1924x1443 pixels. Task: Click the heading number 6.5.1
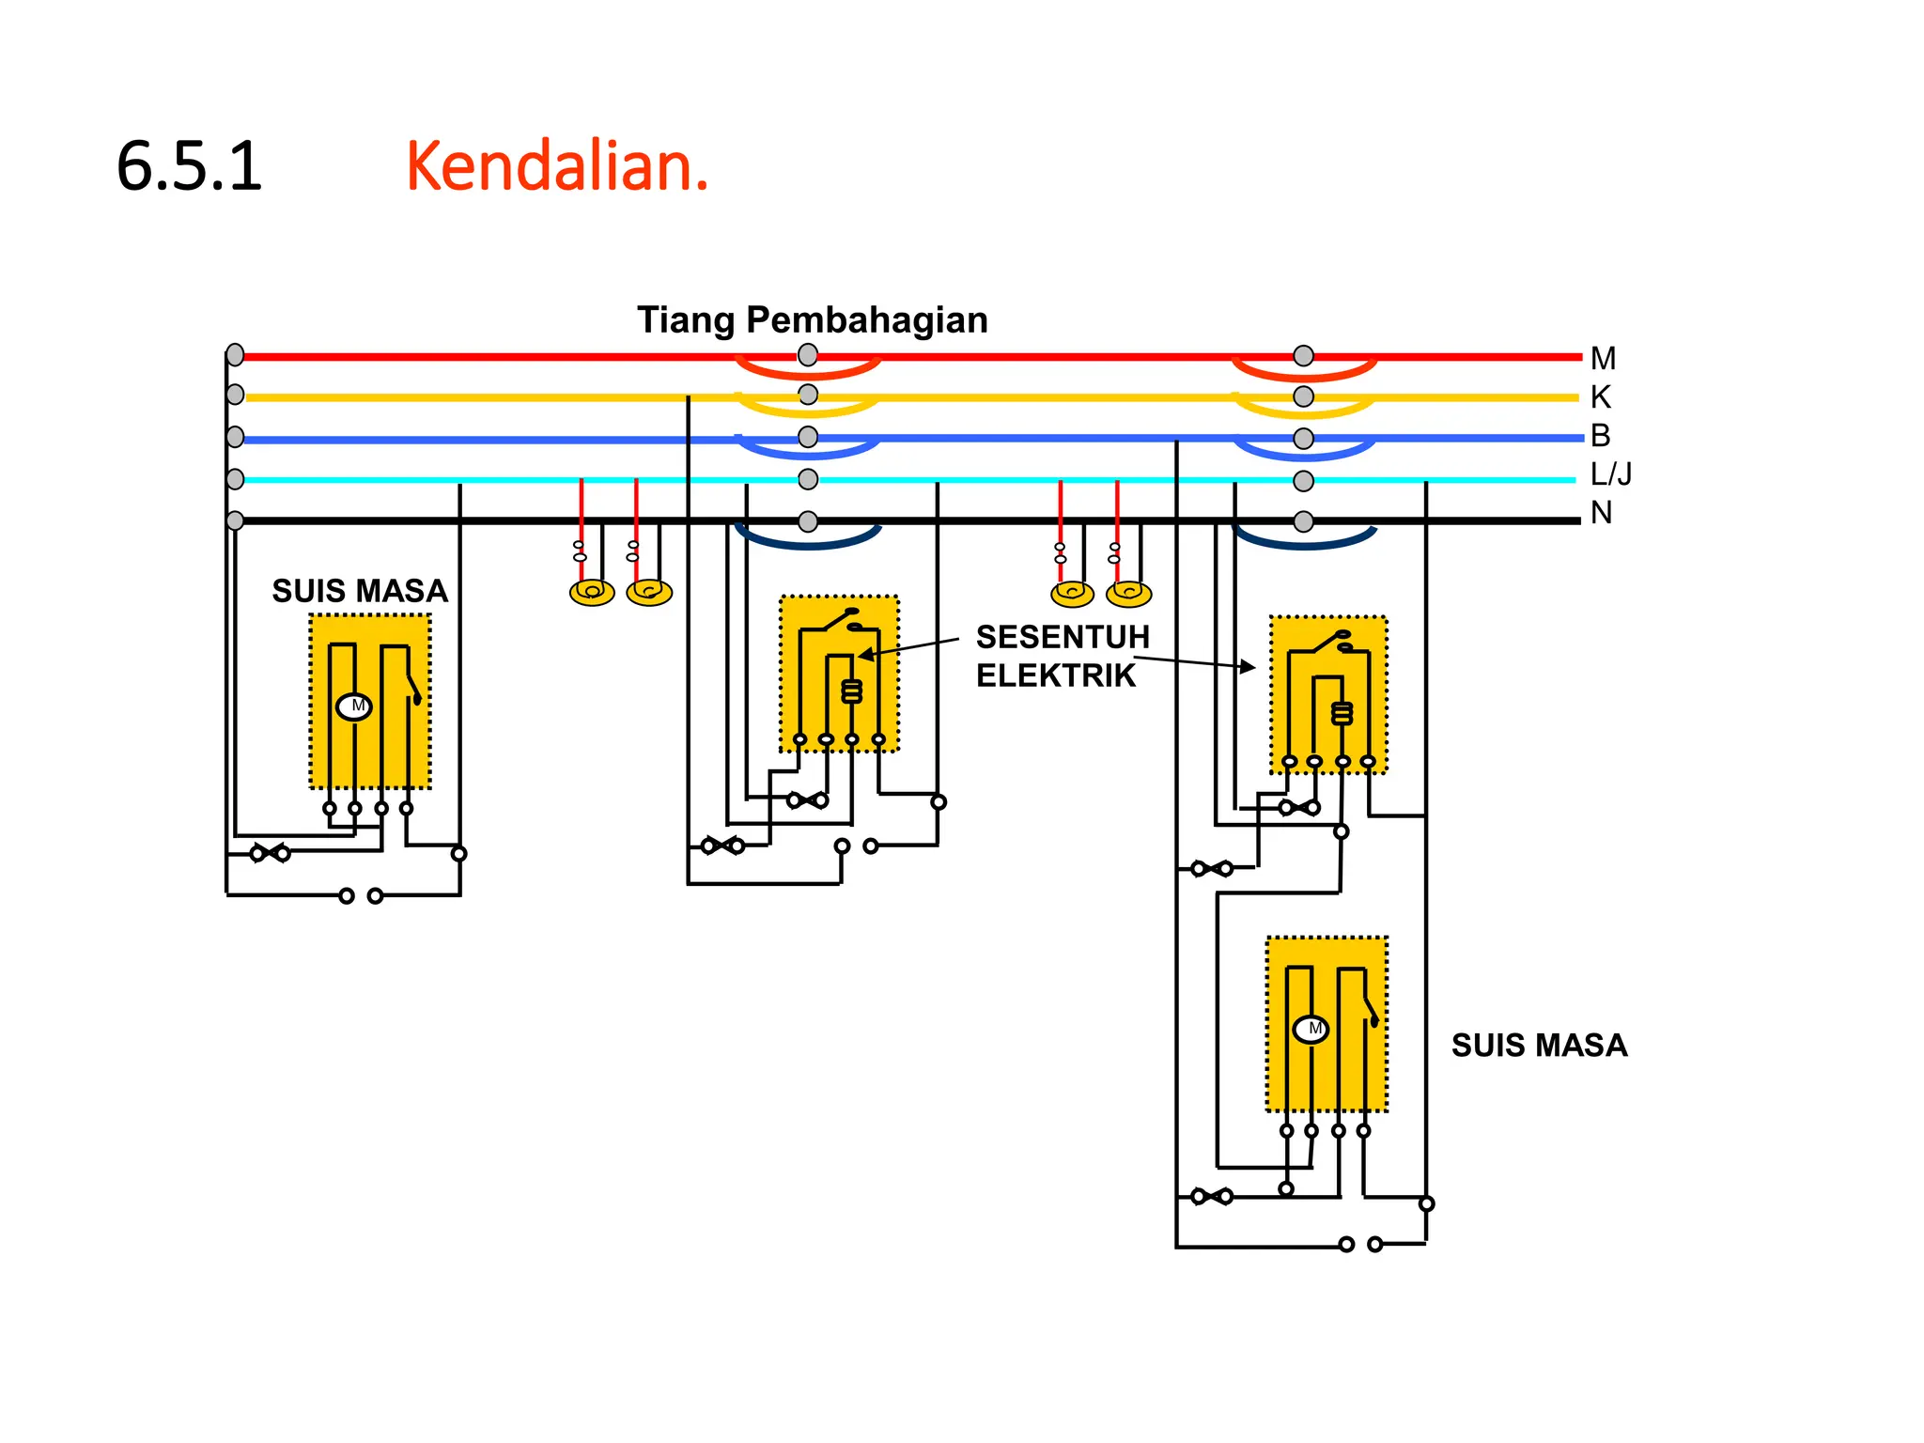[189, 166]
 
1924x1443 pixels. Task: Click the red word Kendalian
[556, 166]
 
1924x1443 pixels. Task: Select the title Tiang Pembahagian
[813, 320]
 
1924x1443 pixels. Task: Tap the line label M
[1603, 359]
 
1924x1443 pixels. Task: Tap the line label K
[1600, 397]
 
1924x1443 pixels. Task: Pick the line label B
[1600, 436]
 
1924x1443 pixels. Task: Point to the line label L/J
[1610, 474]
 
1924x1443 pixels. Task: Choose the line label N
[1601, 513]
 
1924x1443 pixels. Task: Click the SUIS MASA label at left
[360, 591]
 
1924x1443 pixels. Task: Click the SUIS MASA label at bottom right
[1539, 1046]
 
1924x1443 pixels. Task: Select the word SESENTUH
[1063, 637]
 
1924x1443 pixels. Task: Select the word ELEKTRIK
[1056, 675]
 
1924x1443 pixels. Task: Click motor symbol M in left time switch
[354, 706]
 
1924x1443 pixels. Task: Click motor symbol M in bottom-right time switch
[1311, 1030]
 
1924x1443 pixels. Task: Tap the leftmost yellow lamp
[592, 592]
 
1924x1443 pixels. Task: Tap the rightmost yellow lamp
[1128, 594]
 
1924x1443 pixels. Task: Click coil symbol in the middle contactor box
[851, 691]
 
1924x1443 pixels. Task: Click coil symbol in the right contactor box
[1342, 713]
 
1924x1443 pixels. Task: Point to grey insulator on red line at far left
[235, 355]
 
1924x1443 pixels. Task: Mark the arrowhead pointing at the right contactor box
[1248, 667]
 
